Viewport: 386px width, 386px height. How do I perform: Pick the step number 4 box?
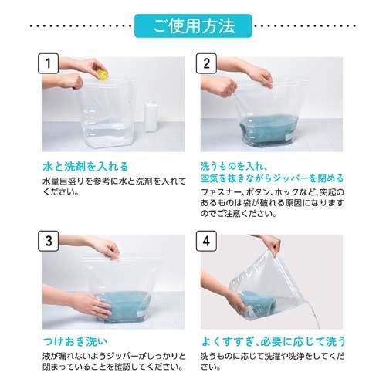pos(209,239)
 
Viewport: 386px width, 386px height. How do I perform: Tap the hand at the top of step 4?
pos(270,245)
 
